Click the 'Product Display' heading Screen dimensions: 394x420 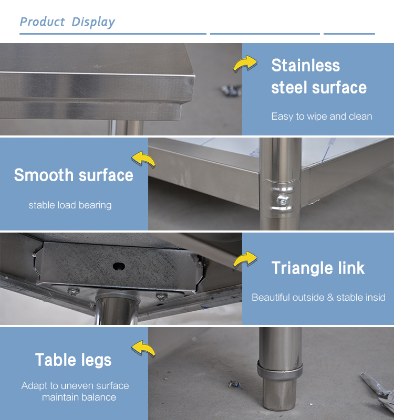click(x=67, y=22)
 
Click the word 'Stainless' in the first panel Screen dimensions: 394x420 click(x=306, y=66)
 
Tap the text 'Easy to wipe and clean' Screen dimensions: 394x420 click(x=322, y=117)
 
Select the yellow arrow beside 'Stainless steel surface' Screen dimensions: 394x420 click(x=245, y=64)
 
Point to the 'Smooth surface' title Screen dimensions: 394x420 click(x=74, y=175)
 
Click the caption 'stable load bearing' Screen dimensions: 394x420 click(x=70, y=205)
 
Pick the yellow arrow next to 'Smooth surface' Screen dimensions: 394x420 click(x=143, y=160)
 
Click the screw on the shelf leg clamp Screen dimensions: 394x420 click(x=283, y=200)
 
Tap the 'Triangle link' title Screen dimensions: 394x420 click(x=318, y=268)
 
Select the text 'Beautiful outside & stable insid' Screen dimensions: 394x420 click(x=318, y=297)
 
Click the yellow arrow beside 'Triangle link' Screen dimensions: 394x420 click(x=245, y=259)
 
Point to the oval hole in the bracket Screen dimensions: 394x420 click(x=119, y=266)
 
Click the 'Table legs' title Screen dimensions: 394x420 click(x=73, y=360)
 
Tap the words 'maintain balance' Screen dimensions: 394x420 click(x=79, y=397)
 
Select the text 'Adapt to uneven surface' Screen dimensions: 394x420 click(x=75, y=386)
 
